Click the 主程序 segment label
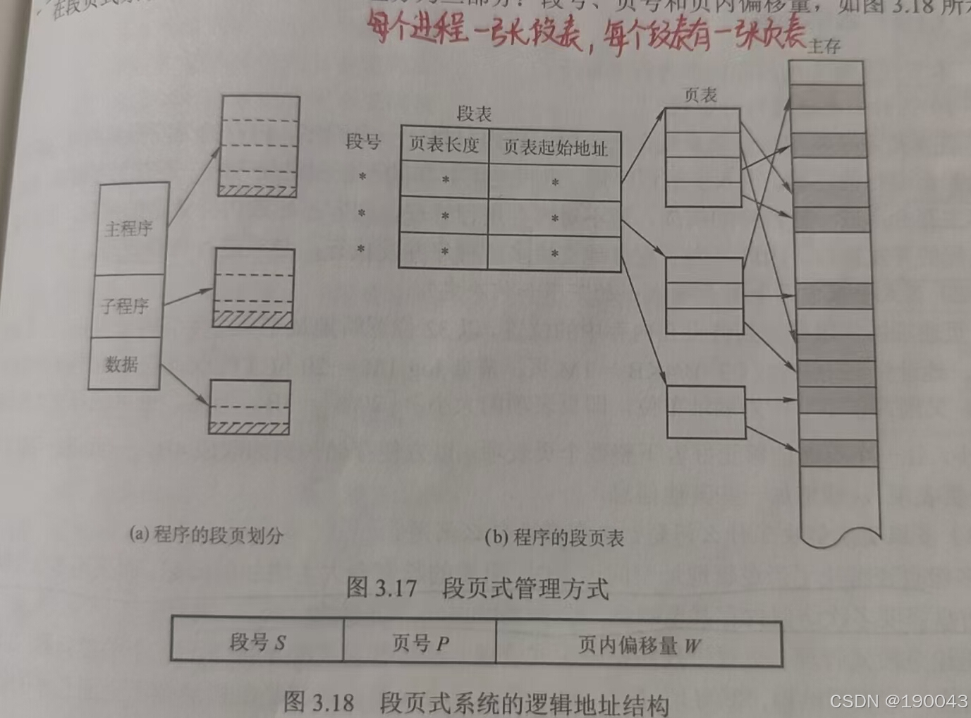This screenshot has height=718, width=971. tap(129, 229)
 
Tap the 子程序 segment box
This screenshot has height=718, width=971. tap(125, 306)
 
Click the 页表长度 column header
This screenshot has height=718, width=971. tap(444, 145)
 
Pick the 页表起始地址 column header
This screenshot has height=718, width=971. tap(555, 148)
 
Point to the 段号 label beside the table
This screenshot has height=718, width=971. tap(363, 141)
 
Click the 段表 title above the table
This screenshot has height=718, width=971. tap(474, 113)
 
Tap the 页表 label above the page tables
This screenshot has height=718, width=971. tap(700, 95)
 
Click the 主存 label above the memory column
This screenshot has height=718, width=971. tap(824, 47)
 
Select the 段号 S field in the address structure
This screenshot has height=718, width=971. tap(257, 642)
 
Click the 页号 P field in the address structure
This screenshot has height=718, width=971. tap(420, 643)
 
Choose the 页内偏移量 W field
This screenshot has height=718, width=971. tap(639, 645)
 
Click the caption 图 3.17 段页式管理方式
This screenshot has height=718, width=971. tap(477, 588)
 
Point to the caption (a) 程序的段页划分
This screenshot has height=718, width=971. tap(206, 534)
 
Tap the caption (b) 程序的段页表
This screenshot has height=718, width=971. tap(554, 537)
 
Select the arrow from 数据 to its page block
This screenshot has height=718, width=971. tap(183, 384)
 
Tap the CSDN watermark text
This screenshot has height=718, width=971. tap(898, 701)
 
